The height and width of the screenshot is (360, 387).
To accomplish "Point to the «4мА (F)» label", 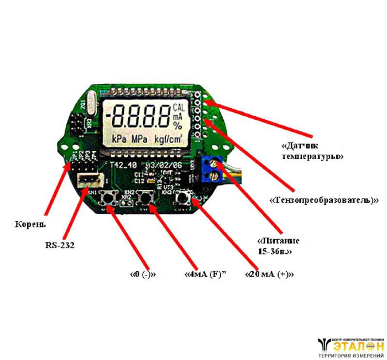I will click(207, 274).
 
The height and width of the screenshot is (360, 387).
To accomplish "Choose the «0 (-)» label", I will click(143, 274).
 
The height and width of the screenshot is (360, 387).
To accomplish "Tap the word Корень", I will click(30, 224).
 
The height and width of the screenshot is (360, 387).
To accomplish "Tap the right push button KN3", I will click(182, 198).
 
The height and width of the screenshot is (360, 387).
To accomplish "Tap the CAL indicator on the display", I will click(179, 107).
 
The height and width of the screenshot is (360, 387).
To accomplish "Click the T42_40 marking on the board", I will click(122, 165).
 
